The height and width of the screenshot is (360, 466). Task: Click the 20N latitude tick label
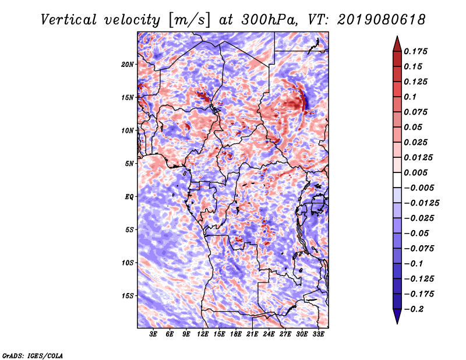click(x=127, y=65)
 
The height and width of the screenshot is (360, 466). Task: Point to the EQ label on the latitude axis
click(x=129, y=197)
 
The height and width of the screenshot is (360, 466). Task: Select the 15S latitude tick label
click(x=128, y=296)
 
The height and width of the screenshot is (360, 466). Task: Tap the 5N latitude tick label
click(x=129, y=164)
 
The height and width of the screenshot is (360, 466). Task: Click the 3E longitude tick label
click(x=153, y=334)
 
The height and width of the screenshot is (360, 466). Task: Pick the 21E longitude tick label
click(x=252, y=334)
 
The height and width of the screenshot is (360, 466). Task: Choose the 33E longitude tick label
click(x=318, y=334)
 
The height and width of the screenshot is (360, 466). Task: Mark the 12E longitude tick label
click(x=202, y=334)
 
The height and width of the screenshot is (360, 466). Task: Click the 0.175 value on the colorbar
click(x=415, y=51)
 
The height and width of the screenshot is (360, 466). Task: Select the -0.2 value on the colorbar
click(x=414, y=309)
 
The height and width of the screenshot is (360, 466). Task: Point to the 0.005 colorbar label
click(x=415, y=172)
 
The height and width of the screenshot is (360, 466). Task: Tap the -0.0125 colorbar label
click(x=421, y=203)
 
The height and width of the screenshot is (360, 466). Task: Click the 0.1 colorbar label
click(x=410, y=97)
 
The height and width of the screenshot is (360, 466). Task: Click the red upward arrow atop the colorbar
click(x=397, y=44)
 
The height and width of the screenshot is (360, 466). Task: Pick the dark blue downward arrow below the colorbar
click(x=397, y=316)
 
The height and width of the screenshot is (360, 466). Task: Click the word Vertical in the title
click(x=69, y=20)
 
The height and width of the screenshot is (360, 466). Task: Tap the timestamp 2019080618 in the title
click(x=382, y=20)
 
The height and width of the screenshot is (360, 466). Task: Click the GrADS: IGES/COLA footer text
click(x=33, y=355)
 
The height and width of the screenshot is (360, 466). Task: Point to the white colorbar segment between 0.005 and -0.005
click(x=397, y=180)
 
